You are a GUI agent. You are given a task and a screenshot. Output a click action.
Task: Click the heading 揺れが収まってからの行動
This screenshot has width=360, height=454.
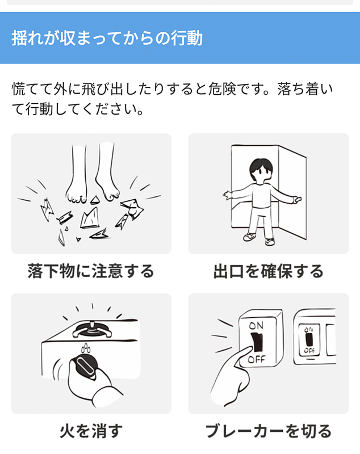107,39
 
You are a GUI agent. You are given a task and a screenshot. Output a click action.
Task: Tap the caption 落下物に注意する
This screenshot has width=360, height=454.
91,271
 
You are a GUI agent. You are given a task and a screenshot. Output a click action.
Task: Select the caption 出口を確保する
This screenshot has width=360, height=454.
268,271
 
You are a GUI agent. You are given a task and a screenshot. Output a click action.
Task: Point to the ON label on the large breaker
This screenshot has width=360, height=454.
257,326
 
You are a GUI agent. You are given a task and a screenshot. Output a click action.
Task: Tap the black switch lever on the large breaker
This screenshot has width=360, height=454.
257,342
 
